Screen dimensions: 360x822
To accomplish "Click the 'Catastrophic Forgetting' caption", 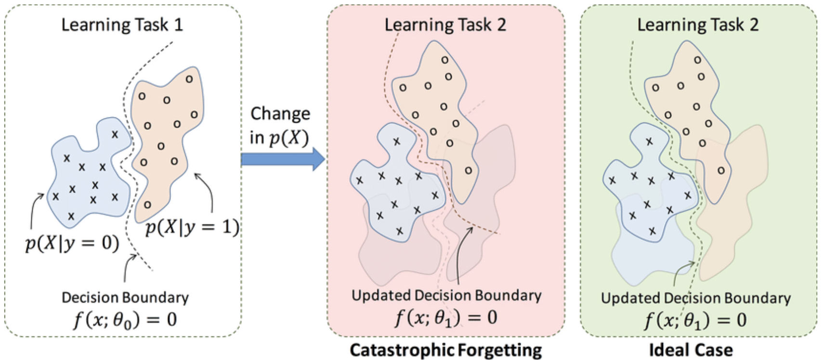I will pyautogui.click(x=445, y=350).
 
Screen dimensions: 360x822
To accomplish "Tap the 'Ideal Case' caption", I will pyautogui.click(x=691, y=350).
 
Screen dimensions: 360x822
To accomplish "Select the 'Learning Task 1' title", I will pyautogui.click(x=122, y=25).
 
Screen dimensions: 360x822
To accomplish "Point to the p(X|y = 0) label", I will pyautogui.click(x=72, y=244).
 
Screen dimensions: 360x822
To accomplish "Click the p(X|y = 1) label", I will pyautogui.click(x=192, y=226).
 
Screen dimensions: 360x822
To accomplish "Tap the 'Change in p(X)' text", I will pyautogui.click(x=280, y=126).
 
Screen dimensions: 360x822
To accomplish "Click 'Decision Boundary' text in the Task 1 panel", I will pyautogui.click(x=125, y=297).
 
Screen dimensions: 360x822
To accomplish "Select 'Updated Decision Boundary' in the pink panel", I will pyautogui.click(x=446, y=295).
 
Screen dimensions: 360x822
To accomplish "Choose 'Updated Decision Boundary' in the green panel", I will pyautogui.click(x=696, y=298).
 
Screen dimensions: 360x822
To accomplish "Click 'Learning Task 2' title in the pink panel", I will pyautogui.click(x=445, y=25).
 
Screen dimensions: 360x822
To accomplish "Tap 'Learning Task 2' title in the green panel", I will pyautogui.click(x=698, y=25).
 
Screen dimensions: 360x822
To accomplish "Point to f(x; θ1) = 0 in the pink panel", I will pyautogui.click(x=445, y=318).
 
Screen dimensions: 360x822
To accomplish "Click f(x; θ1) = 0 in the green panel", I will pyautogui.click(x=696, y=320).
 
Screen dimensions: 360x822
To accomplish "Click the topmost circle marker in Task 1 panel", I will pyautogui.click(x=189, y=79).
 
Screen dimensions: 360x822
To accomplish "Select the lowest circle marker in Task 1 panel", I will pyautogui.click(x=147, y=205).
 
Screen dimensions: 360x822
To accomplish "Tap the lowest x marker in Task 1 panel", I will pyautogui.click(x=71, y=217).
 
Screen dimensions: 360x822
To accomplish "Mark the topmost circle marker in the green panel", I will pyautogui.click(x=698, y=60).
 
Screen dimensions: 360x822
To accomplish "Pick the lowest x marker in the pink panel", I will pyautogui.click(x=399, y=231).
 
